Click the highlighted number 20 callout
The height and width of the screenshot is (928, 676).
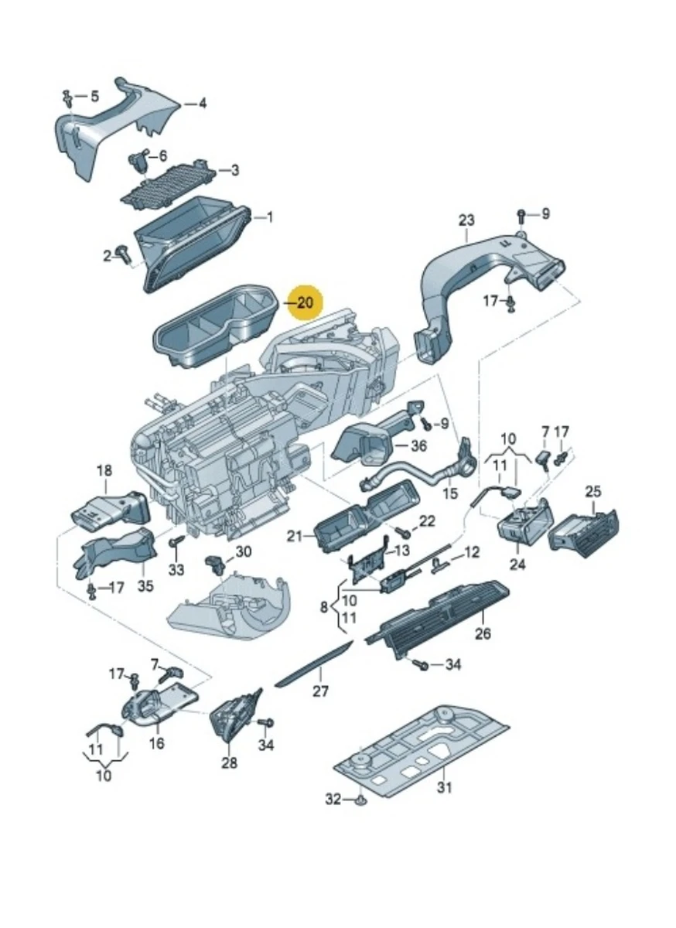pyautogui.click(x=306, y=302)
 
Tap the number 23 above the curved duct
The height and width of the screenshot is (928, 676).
pyautogui.click(x=466, y=221)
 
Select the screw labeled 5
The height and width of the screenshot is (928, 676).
pyautogui.click(x=69, y=98)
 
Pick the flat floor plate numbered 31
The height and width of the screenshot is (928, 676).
pyautogui.click(x=422, y=746)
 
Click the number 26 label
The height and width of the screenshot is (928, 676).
pyautogui.click(x=483, y=636)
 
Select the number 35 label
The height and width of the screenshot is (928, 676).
pyautogui.click(x=145, y=585)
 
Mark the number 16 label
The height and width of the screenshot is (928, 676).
pyautogui.click(x=157, y=744)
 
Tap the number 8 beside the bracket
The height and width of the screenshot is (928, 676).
pyautogui.click(x=324, y=608)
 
